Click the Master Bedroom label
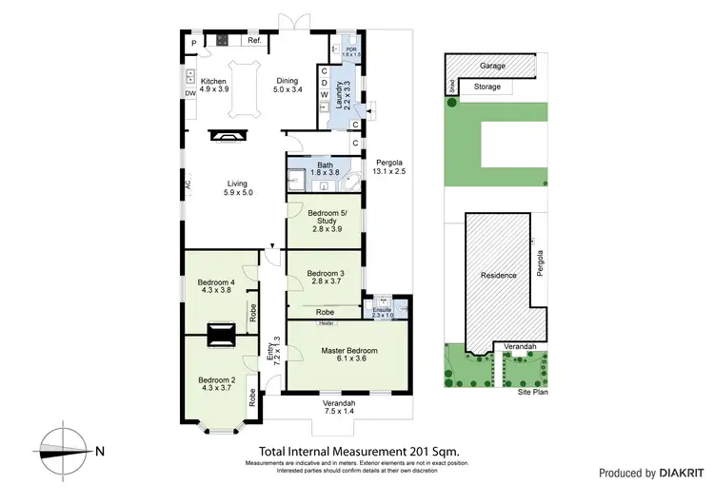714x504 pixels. [348, 355]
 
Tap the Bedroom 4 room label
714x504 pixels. [215, 287]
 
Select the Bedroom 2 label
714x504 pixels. [215, 382]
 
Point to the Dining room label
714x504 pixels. [288, 86]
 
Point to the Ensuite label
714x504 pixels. [383, 313]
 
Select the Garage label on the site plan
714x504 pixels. [492, 67]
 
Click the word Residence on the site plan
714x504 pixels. [498, 276]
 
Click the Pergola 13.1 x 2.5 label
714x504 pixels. [389, 166]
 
